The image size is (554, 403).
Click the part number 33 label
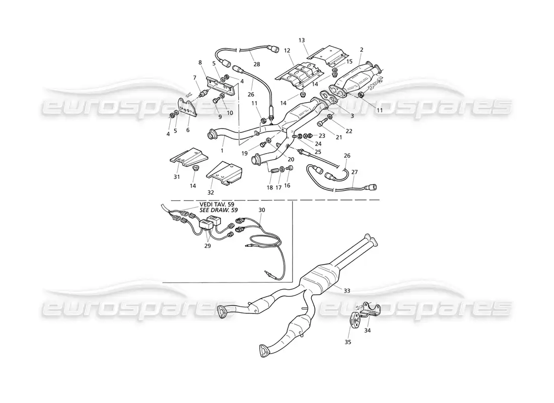(x=347, y=291)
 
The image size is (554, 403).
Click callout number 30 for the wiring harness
(x=261, y=210)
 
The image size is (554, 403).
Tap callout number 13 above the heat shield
(x=302, y=39)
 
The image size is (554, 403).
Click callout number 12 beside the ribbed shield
(x=288, y=50)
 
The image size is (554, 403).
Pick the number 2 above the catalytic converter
(x=362, y=49)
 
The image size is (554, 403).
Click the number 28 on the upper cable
(x=256, y=64)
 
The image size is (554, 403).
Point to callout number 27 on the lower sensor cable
(x=354, y=172)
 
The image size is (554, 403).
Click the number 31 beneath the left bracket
(x=176, y=176)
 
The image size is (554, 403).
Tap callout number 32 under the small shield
(x=211, y=192)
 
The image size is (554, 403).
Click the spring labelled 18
(x=275, y=172)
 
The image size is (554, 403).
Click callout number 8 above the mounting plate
(x=200, y=62)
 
